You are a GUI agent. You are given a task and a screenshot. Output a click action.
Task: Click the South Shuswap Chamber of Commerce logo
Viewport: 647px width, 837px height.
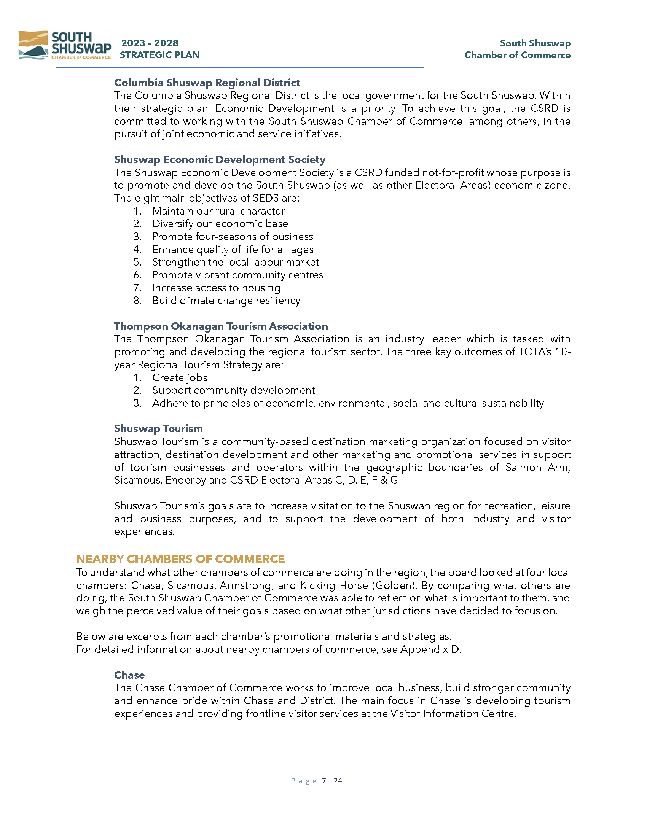tap(64, 46)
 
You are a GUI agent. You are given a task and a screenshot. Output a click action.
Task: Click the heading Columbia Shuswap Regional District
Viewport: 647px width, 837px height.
tap(207, 83)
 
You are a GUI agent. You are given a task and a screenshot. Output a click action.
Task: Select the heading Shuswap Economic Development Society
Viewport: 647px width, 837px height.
tap(220, 159)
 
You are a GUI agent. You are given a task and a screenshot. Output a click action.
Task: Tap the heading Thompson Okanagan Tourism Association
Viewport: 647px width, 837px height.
tap(221, 326)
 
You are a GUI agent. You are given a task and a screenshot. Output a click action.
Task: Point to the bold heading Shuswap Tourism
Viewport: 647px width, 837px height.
tap(158, 428)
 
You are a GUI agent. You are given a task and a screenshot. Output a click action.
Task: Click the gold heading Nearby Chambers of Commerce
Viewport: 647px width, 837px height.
tap(180, 559)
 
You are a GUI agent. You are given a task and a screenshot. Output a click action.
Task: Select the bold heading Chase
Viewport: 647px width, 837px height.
tap(129, 675)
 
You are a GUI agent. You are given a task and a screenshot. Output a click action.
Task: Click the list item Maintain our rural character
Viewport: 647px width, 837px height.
tap(218, 211)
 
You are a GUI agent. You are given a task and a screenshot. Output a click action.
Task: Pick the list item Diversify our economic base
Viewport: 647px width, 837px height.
tap(220, 224)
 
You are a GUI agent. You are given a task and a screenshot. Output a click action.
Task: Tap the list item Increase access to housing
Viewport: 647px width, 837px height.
tap(216, 288)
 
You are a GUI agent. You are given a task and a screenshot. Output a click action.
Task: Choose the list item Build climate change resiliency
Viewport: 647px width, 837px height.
tap(226, 301)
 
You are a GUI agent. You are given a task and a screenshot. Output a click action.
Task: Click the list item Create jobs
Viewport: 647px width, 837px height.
tap(180, 378)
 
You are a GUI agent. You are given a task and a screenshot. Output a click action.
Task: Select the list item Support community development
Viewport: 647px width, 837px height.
tap(233, 390)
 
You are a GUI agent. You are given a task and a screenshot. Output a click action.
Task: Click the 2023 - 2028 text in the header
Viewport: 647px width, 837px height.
tap(150, 43)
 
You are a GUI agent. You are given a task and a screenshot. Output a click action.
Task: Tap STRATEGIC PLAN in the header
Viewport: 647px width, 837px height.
tap(159, 55)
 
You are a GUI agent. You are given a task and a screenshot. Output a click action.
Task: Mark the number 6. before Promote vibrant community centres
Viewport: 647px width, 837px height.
tap(138, 275)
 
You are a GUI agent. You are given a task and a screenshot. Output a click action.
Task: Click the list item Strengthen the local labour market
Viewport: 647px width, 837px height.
tap(235, 262)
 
